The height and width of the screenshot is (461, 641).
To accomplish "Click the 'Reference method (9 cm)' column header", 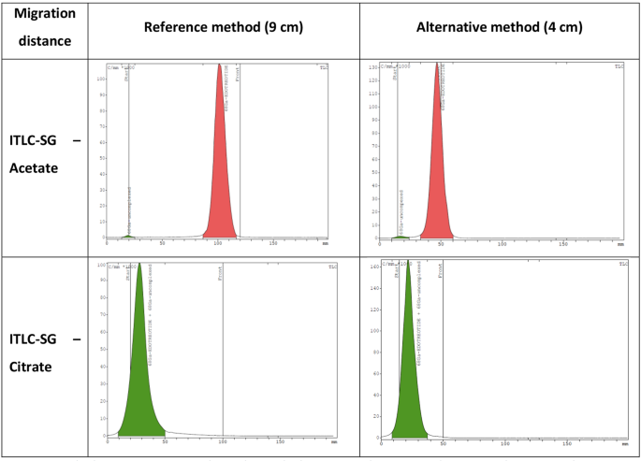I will tap(223, 27).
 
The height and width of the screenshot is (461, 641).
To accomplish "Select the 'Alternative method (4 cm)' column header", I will tap(499, 27).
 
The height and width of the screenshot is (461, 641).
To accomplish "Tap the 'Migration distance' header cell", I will tap(44, 28).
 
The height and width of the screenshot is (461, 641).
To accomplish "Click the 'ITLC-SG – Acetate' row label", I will tap(45, 154).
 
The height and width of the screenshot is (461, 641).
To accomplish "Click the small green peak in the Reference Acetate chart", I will tap(129, 236).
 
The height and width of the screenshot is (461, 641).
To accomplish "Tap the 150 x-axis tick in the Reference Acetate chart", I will tap(272, 243).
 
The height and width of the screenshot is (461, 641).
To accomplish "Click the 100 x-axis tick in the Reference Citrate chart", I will tap(222, 440).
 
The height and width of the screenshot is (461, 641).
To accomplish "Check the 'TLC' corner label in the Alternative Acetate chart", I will tap(619, 66).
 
